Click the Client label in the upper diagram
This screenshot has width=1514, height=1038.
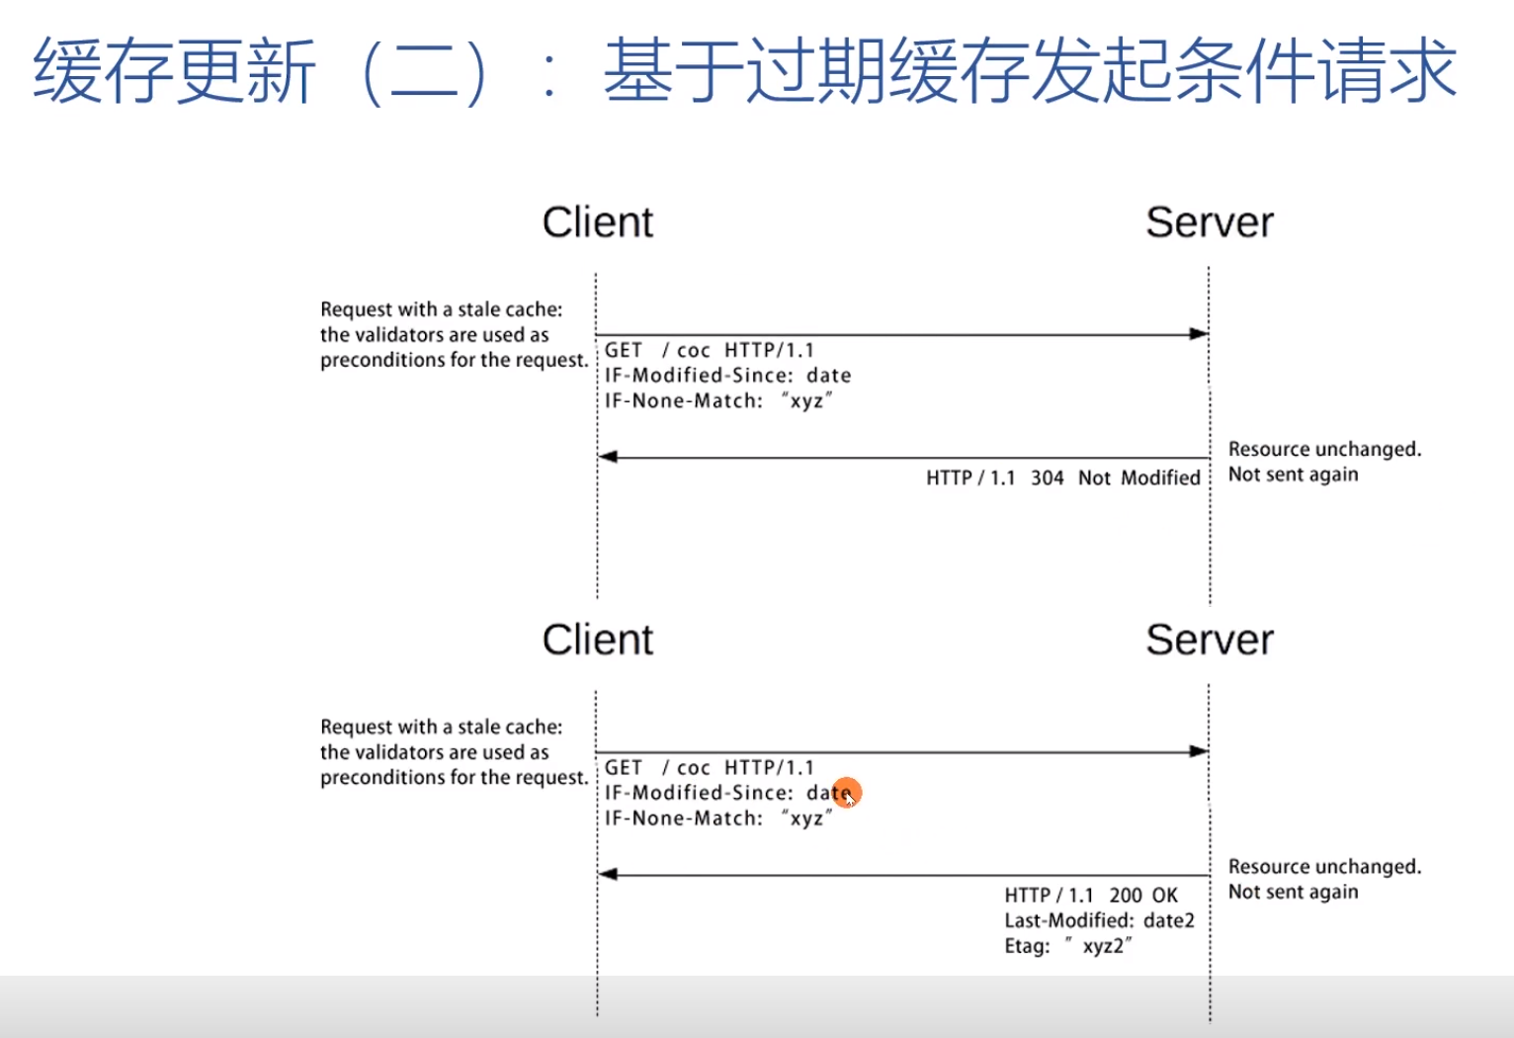(597, 222)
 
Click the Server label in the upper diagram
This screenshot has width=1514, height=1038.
(1209, 222)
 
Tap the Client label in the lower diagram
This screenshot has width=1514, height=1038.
(597, 640)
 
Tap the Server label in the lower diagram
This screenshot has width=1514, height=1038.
(1209, 640)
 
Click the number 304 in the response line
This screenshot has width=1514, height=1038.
(1047, 478)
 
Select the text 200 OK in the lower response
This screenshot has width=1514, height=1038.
(1142, 896)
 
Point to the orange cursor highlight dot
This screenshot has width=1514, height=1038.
(847, 793)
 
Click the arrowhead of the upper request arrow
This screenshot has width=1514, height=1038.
(1199, 334)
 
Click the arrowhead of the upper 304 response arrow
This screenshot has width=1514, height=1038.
(609, 457)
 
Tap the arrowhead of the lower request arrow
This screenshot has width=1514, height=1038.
(1199, 751)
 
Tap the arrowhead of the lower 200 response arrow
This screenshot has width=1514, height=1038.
(609, 874)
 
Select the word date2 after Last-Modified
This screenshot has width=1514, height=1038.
(1168, 921)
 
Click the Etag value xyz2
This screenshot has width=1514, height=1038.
(1103, 946)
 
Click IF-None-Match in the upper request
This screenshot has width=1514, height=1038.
(683, 401)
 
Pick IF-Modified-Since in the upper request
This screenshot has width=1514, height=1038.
(698, 376)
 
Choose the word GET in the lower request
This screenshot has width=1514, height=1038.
(624, 768)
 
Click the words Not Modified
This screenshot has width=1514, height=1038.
(1138, 478)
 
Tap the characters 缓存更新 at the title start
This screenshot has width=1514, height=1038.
(174, 71)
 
